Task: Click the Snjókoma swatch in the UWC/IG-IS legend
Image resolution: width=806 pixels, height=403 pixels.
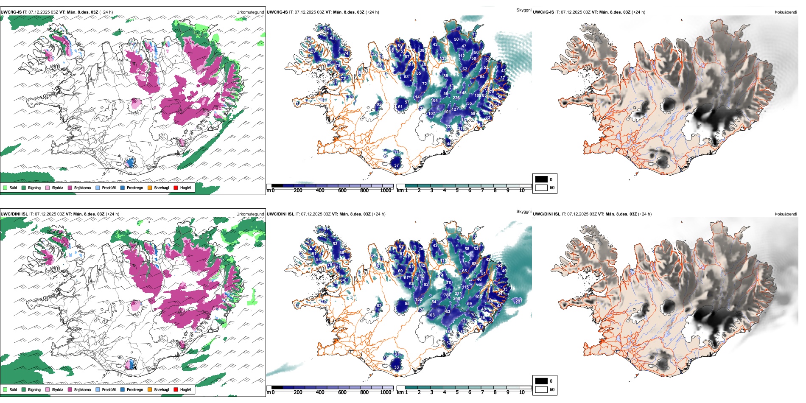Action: click(70, 188)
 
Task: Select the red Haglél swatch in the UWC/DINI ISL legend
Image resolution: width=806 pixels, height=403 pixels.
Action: click(176, 389)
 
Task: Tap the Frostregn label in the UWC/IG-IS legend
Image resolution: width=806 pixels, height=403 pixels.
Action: click(134, 188)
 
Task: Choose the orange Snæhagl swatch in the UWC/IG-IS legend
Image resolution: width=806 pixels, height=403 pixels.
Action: click(150, 188)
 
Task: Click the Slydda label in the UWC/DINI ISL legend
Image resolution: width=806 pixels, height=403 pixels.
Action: click(57, 389)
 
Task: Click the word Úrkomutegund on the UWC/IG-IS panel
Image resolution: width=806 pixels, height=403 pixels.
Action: click(250, 12)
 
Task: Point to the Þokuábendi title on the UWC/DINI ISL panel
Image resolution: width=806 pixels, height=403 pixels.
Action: click(786, 214)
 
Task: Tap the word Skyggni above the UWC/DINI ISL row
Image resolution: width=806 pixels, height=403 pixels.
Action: click(523, 211)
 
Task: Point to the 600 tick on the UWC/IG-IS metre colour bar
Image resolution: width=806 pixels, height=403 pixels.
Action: click(342, 190)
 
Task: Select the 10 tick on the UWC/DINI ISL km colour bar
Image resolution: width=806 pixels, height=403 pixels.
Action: click(522, 392)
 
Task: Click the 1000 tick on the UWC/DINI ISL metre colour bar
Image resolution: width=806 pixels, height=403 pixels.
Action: click(386, 392)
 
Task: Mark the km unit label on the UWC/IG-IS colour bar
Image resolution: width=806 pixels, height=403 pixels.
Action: click(400, 190)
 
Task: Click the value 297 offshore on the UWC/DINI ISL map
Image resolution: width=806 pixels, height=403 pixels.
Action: click(518, 301)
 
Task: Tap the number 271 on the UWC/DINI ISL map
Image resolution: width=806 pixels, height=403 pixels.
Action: click(458, 294)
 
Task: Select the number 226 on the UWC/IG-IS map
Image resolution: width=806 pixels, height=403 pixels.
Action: click(456, 98)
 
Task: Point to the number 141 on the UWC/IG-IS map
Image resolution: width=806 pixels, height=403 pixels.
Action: click(418, 97)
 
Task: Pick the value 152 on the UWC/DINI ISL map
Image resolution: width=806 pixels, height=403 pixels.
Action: click(418, 299)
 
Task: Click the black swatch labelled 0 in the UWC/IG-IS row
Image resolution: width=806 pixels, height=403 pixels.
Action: click(541, 179)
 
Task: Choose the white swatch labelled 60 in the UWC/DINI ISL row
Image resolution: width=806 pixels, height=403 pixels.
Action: click(541, 389)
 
